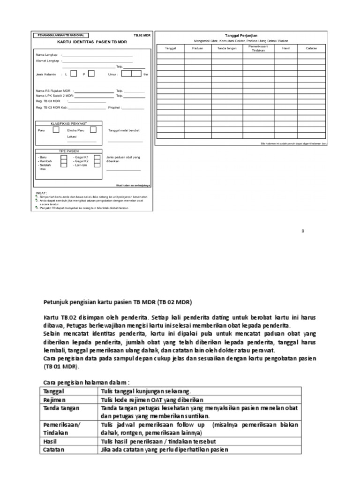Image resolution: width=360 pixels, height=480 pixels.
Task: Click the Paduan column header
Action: pos(197,48)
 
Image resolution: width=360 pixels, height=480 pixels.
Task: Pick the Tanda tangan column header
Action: pos(227,48)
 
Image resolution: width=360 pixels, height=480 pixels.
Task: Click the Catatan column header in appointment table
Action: pos(312,48)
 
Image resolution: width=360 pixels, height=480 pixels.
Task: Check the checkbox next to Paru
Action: pos(56,130)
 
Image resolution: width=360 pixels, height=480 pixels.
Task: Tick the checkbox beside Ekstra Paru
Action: pos(93,130)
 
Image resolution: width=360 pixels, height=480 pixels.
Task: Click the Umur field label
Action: pos(112,74)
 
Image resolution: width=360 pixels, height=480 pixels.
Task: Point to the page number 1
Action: pos(303,231)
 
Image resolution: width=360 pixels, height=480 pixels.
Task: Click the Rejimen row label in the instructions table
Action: pos(55,399)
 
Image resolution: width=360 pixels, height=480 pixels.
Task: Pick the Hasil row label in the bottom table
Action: pos(51,441)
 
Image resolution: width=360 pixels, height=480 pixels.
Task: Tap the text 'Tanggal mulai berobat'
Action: pos(124,130)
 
